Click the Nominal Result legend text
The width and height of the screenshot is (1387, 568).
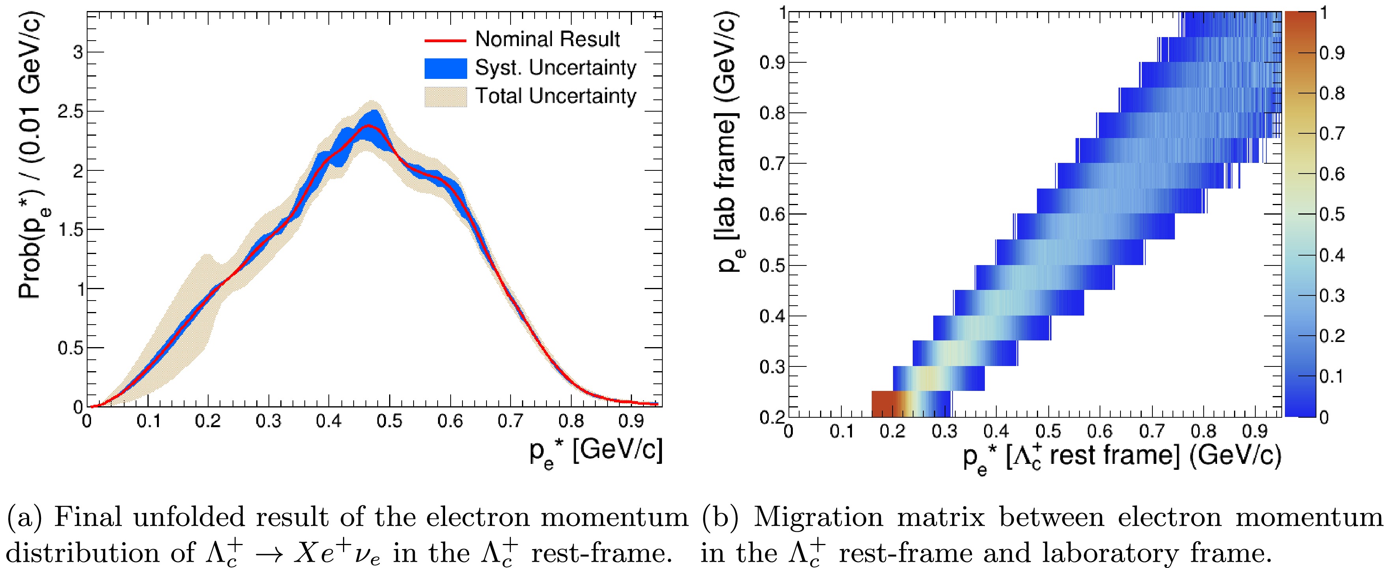tap(547, 39)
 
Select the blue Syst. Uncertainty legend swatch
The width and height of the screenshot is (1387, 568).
tap(445, 68)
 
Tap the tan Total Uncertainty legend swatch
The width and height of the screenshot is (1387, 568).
tap(445, 97)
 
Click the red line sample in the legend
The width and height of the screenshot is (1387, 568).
tap(445, 40)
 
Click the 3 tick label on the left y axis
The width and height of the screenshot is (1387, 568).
tap(78, 52)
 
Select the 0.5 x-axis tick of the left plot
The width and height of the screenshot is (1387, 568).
tap(389, 421)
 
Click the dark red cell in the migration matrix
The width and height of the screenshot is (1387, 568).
tap(883, 403)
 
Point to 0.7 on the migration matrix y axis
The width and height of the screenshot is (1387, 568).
tap(771, 163)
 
